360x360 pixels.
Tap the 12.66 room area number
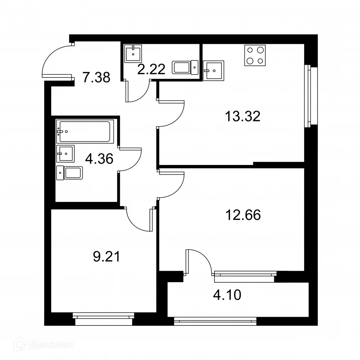(242, 215)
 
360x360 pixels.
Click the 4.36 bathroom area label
(99, 158)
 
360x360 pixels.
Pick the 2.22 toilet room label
(151, 68)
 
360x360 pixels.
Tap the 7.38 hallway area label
(96, 77)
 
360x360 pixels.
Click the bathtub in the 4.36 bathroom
(85, 131)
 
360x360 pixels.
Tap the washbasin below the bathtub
(65, 154)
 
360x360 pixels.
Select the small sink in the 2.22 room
(134, 53)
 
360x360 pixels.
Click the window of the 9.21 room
(103, 316)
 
